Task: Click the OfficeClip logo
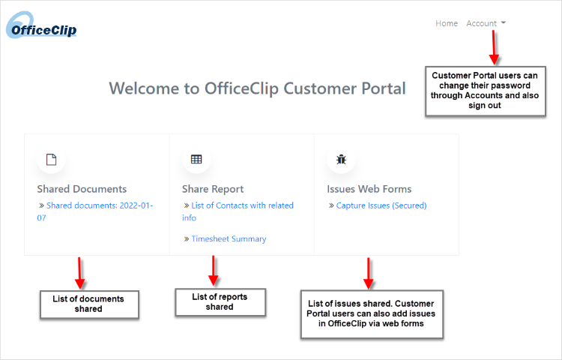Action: point(41,25)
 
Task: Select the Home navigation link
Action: point(447,23)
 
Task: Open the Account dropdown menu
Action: point(486,23)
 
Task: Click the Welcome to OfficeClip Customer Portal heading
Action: point(257,88)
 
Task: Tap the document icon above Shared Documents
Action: point(51,160)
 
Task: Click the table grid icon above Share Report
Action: point(196,159)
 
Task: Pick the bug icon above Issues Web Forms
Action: point(341,159)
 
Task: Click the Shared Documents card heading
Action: point(82,189)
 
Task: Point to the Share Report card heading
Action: point(213,189)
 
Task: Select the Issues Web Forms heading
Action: point(369,189)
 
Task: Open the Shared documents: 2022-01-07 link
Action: point(95,211)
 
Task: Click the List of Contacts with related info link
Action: point(238,211)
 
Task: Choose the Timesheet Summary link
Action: point(229,238)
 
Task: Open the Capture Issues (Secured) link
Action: point(381,205)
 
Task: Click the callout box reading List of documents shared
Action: point(89,304)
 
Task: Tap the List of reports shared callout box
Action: point(220,302)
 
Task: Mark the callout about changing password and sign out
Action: point(486,91)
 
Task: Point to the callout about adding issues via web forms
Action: point(372,314)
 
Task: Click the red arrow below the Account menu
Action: point(494,47)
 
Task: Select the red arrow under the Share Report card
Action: point(214,271)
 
